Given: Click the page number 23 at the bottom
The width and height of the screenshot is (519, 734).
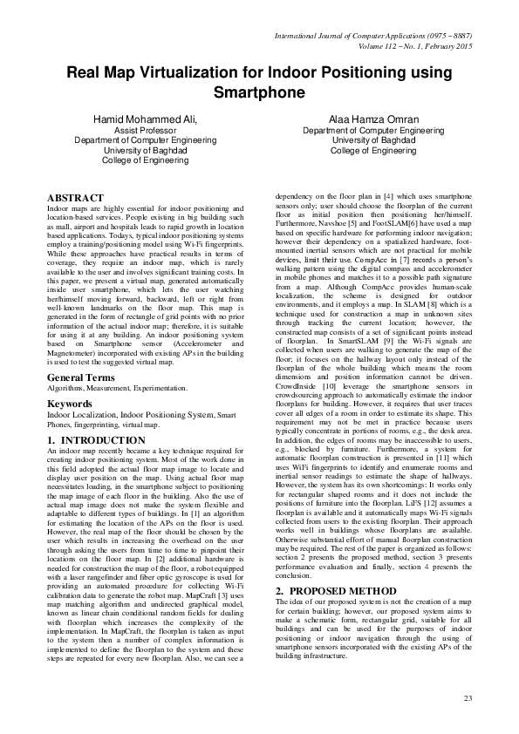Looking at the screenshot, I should point(467,698).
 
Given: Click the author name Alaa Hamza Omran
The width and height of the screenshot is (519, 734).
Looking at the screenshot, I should point(379,118).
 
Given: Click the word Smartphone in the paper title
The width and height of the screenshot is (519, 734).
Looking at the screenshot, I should point(259,92).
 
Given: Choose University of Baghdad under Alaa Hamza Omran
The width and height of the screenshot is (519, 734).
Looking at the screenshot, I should point(379,139).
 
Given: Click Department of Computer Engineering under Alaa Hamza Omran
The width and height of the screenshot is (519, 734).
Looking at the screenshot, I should point(379,129).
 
